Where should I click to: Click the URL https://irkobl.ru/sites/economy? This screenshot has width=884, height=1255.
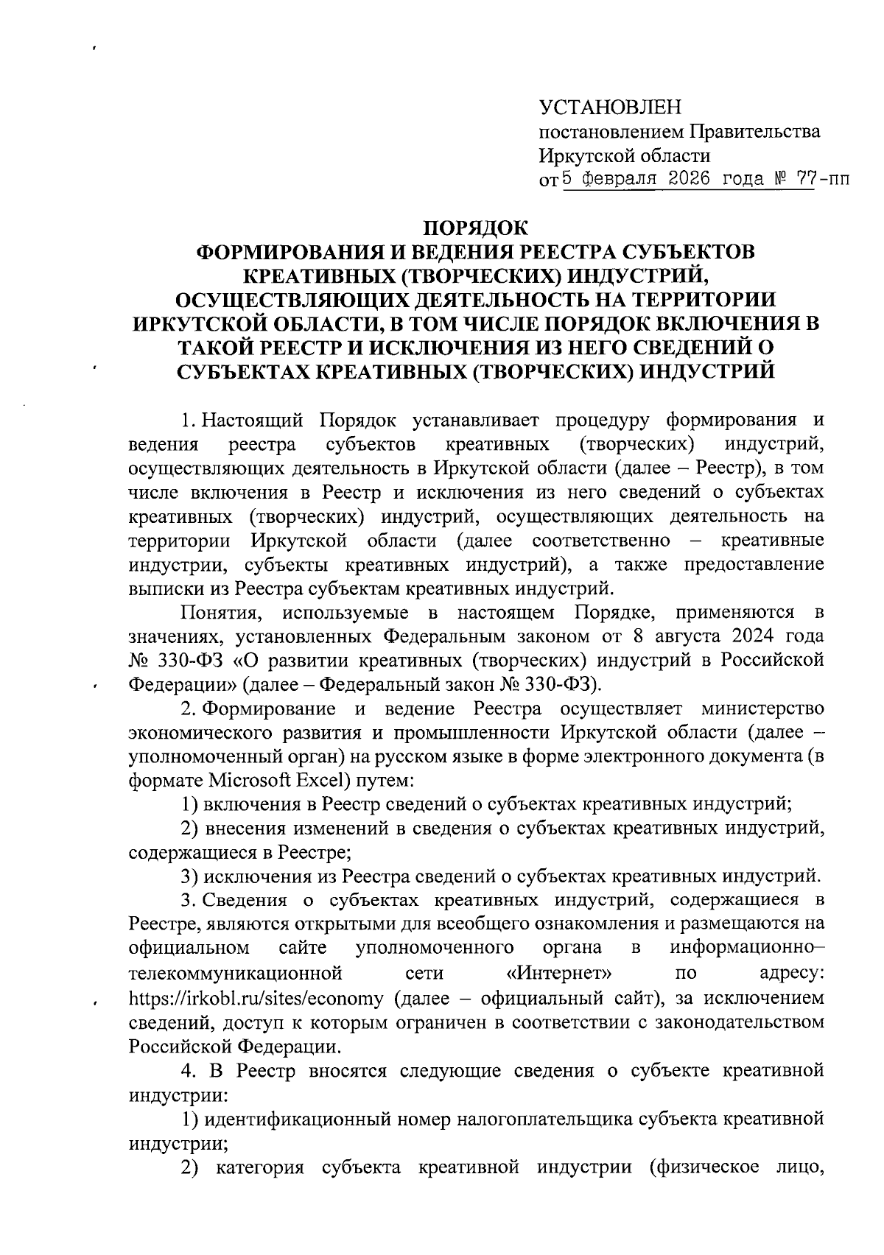point(256,999)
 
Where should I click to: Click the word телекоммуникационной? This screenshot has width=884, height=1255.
point(236,974)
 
